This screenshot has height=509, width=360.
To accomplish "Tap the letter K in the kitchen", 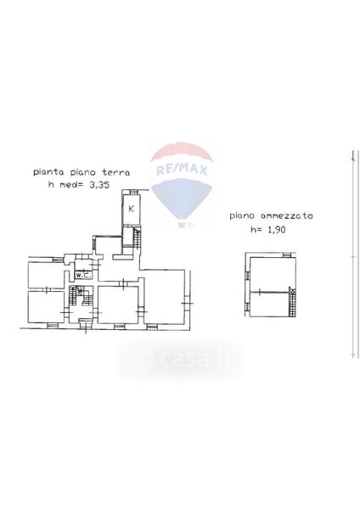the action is click(132, 209).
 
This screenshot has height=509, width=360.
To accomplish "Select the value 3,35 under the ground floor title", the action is click(98, 185).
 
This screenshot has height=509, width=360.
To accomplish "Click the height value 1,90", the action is click(276, 230).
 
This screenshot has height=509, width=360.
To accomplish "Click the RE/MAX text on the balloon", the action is click(182, 170).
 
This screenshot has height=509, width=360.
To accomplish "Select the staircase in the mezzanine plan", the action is click(292, 301).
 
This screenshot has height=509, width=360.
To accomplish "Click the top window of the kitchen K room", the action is click(132, 193).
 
